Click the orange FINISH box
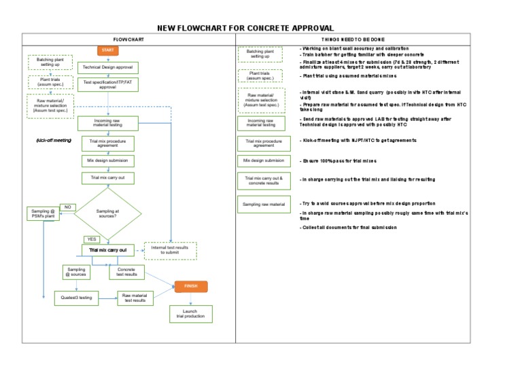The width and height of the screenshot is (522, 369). point(190,286)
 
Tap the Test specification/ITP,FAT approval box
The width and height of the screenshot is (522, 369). point(108,84)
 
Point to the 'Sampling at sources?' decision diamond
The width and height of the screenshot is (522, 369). point(107,213)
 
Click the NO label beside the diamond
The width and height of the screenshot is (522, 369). point(68,207)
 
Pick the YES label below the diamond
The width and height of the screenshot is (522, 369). point(91,239)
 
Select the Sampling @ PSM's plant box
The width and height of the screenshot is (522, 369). point(43,214)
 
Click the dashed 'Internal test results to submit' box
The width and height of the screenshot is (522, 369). point(170,251)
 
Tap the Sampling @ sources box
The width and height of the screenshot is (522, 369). point(76,273)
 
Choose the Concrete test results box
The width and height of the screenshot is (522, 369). point(126,273)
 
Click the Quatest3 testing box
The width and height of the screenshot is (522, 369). point(76,298)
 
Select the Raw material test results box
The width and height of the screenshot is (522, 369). point(135,298)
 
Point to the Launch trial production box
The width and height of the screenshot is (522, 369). point(190,314)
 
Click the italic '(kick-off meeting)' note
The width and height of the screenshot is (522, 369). point(53,141)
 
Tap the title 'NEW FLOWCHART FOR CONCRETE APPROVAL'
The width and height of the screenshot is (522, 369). point(245,28)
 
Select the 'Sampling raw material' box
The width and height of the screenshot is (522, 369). point(264,204)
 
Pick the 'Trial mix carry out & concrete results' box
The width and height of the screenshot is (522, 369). point(264,180)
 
